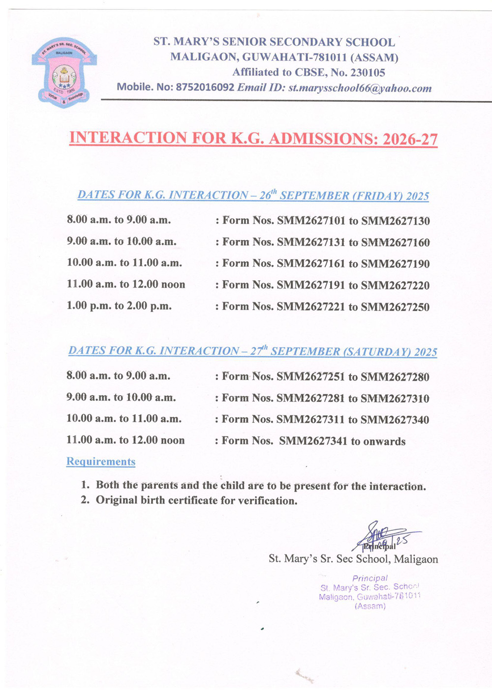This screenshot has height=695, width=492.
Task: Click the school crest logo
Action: pyautogui.click(x=64, y=73)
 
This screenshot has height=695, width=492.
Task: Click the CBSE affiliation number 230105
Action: pyautogui.click(x=368, y=73)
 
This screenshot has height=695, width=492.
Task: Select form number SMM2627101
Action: pyautogui.click(x=311, y=221)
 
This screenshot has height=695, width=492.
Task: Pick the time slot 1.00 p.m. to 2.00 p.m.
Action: pyautogui.click(x=119, y=306)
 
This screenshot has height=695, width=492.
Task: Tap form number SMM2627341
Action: pyautogui.click(x=313, y=441)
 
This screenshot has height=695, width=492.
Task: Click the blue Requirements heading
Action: pyautogui.click(x=101, y=462)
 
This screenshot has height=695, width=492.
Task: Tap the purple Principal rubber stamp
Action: pyautogui.click(x=370, y=592)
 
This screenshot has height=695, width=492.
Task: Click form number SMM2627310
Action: pyautogui.click(x=395, y=399)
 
